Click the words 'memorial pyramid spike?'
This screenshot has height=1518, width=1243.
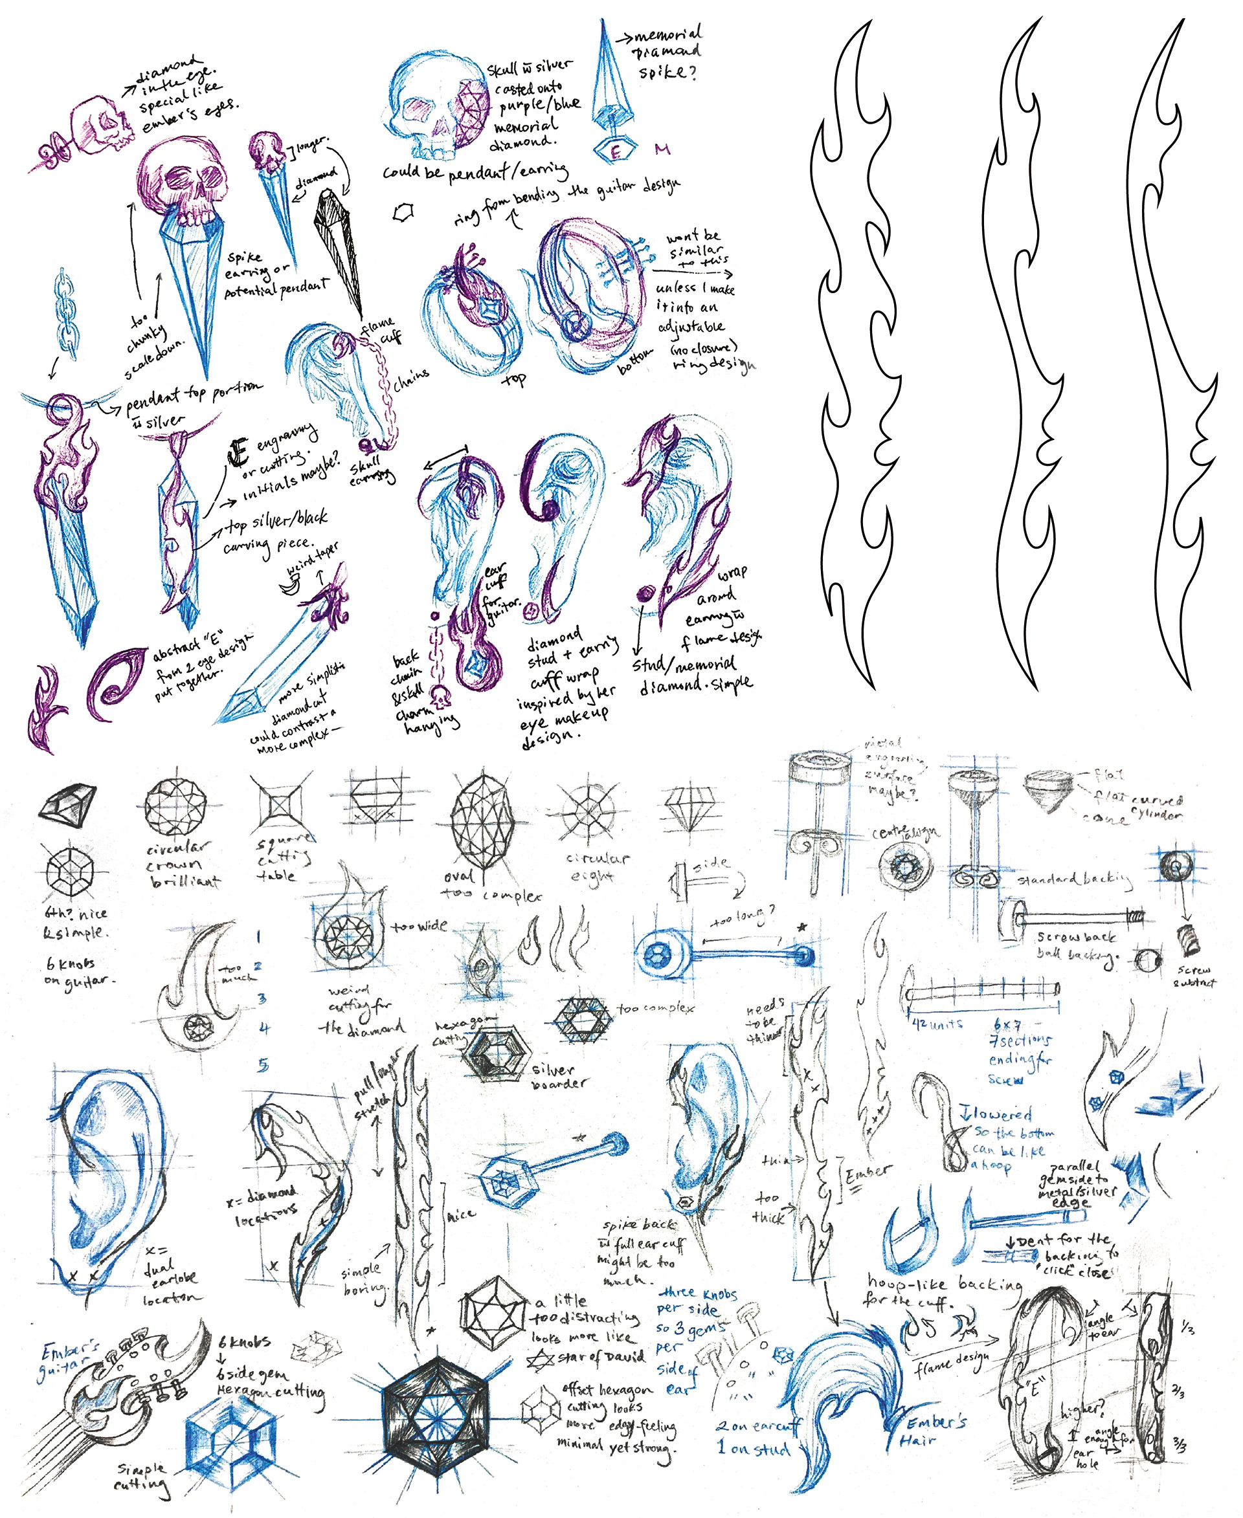pos(664,54)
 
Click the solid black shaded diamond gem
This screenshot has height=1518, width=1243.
pos(68,802)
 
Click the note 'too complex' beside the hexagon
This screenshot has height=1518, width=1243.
pos(655,1008)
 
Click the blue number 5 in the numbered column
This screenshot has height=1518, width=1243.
pos(263,1066)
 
